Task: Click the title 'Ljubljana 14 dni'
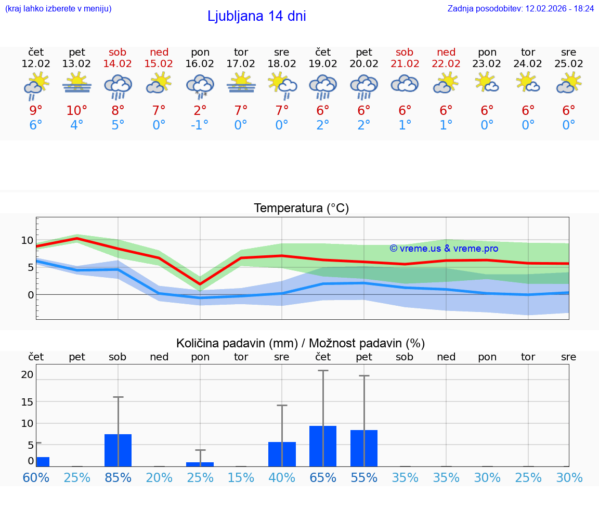click(256, 16)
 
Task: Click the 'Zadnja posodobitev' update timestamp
click(520, 8)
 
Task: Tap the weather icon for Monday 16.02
click(200, 86)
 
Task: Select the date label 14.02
click(118, 63)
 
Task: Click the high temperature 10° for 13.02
click(76, 111)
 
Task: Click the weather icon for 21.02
click(405, 84)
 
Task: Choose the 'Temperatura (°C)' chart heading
click(301, 208)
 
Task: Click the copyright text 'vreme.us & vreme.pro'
click(444, 249)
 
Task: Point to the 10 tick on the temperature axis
click(27, 240)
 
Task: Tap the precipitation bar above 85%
click(118, 450)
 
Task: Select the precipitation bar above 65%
click(323, 446)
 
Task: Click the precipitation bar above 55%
click(364, 448)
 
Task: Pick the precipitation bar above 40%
click(282, 454)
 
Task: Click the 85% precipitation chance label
click(118, 477)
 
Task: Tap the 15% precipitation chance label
click(241, 477)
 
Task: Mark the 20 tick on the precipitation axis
click(27, 374)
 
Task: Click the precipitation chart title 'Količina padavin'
click(237, 343)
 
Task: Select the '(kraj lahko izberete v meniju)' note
click(58, 8)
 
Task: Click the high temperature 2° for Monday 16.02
click(200, 111)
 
